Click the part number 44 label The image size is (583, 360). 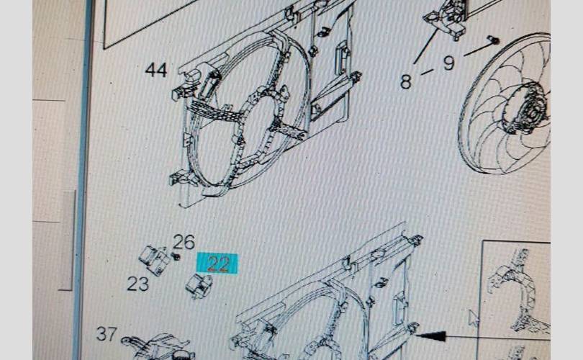click(156, 70)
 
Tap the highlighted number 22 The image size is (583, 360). click(217, 264)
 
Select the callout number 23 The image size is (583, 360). click(138, 284)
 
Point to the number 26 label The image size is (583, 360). click(184, 242)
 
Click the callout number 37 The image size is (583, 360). click(107, 333)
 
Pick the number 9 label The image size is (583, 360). click(449, 63)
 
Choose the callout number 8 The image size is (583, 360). click(406, 81)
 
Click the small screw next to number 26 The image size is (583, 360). click(176, 256)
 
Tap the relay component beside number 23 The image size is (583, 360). click(154, 260)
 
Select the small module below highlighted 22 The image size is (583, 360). click(199, 286)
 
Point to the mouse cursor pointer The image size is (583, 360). click(473, 319)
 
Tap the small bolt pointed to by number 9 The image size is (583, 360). click(494, 40)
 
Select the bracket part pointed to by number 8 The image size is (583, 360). click(446, 19)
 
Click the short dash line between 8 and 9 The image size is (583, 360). click(427, 72)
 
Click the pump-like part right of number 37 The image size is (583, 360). click(157, 348)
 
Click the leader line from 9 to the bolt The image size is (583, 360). click(478, 49)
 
